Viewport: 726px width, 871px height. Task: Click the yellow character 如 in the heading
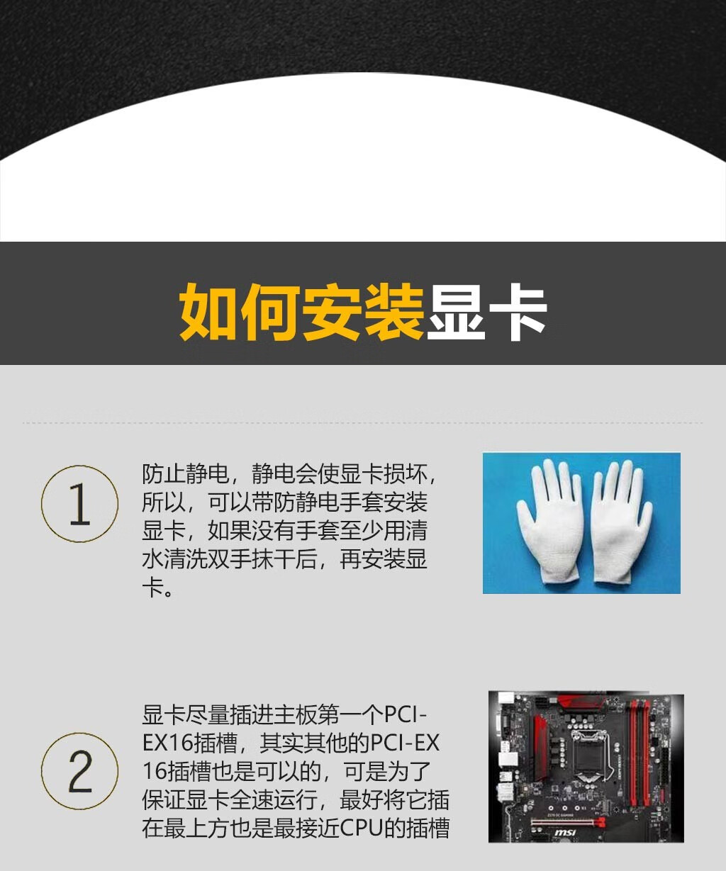[210, 311]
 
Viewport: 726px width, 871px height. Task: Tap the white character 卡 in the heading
[518, 311]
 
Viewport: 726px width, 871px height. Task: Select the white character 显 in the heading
[456, 311]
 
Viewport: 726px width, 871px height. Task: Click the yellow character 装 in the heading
[394, 311]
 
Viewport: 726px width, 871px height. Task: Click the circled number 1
[79, 503]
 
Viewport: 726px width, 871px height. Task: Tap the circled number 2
[79, 770]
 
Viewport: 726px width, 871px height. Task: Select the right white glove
[621, 522]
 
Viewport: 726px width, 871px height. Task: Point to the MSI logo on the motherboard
[565, 833]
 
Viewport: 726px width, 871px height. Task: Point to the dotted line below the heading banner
[362, 422]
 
